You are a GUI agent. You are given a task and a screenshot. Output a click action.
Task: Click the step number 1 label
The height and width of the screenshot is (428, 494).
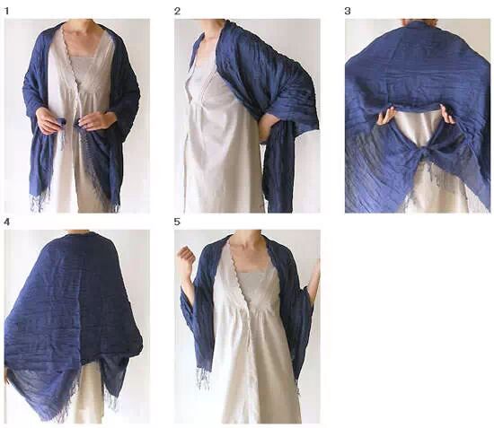(6, 12)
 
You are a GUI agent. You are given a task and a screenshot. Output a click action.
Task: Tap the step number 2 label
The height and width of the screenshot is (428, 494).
(177, 12)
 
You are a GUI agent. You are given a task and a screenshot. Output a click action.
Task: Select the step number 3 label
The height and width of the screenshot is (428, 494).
(348, 12)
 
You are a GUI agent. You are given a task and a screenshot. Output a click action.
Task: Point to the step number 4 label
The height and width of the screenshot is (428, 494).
(6, 223)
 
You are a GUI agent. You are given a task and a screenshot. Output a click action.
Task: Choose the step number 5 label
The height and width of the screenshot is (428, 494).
(177, 222)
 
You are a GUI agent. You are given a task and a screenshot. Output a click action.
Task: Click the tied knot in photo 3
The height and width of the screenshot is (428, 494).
(417, 155)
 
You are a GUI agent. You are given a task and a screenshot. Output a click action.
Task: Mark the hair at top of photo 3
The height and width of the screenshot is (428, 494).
(419, 22)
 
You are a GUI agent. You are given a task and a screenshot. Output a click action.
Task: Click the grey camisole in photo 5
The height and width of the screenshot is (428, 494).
(253, 284)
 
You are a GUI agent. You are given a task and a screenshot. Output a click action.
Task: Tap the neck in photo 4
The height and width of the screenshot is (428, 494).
(79, 231)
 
